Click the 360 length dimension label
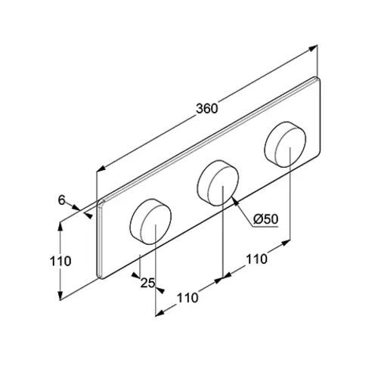pyautogui.click(x=206, y=109)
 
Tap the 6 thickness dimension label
pyautogui.click(x=62, y=200)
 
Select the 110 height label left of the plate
pyautogui.click(x=60, y=261)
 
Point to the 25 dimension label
pyautogui.click(x=147, y=283)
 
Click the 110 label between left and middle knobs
pyautogui.click(x=187, y=298)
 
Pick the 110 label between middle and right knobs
pyautogui.click(x=256, y=259)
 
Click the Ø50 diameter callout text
pyautogui.click(x=266, y=219)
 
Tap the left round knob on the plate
pyautogui.click(x=150, y=222)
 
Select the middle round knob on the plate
pyautogui.click(x=218, y=183)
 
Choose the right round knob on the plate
pyautogui.click(x=285, y=144)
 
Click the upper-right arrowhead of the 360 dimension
pyautogui.click(x=313, y=48)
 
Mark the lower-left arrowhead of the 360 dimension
pyautogui.click(x=101, y=169)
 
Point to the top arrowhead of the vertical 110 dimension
pyautogui.click(x=60, y=227)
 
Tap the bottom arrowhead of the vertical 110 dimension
pyautogui.click(x=60, y=296)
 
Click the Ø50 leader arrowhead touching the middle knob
pyautogui.click(x=235, y=202)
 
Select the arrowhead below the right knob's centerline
pyautogui.click(x=286, y=243)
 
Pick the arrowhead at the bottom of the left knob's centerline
pyautogui.click(x=160, y=313)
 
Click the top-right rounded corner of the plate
pyautogui.click(x=318, y=79)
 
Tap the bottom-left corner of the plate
pyautogui.click(x=100, y=277)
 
